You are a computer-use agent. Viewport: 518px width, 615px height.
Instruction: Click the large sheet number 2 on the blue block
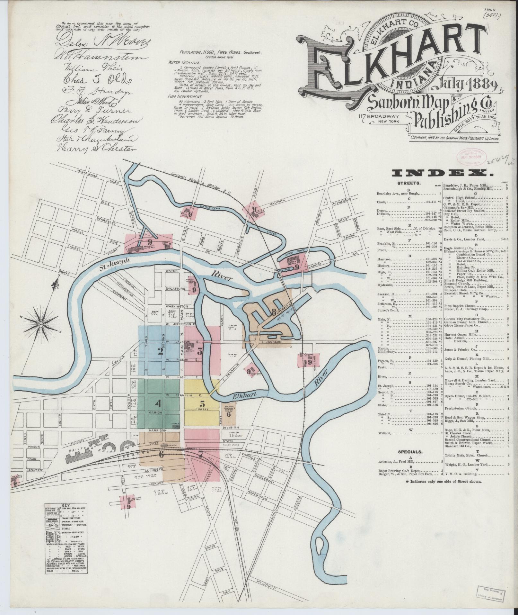[160, 351]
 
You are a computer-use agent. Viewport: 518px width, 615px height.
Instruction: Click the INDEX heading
[443, 174]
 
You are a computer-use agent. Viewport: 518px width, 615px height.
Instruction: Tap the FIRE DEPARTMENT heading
[184, 96]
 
